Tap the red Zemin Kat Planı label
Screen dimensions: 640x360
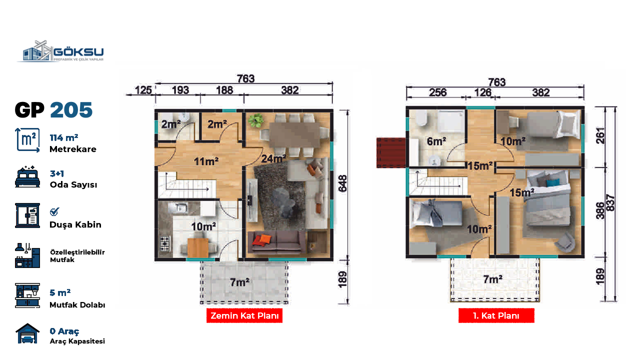point(244,315)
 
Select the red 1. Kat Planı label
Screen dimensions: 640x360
point(496,315)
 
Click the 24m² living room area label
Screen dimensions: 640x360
point(273,158)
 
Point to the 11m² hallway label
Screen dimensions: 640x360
point(206,161)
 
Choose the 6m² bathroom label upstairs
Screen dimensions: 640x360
point(436,141)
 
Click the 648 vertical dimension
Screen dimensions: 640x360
point(342,183)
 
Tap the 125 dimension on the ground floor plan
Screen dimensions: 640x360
point(143,90)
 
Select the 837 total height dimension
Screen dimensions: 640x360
point(610,202)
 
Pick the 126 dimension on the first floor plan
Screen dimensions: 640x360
point(482,92)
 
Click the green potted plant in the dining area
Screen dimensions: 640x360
point(255,120)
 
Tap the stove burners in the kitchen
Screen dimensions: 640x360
point(165,243)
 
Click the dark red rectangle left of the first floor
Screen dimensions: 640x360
point(391,152)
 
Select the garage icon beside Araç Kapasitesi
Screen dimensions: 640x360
point(27,333)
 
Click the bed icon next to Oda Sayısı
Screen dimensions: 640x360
point(27,176)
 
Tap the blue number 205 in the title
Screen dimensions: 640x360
point(71,110)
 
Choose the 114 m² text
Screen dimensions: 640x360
point(64,137)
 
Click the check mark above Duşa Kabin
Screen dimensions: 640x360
point(54,211)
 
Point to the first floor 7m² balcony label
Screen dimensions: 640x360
point(493,279)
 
